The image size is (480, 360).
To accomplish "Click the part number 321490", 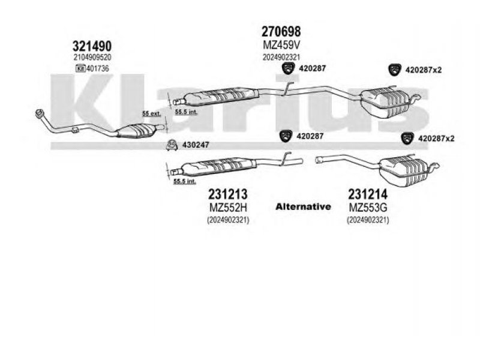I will pyautogui.click(x=92, y=46).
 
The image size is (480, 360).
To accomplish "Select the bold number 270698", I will pyautogui.click(x=281, y=31).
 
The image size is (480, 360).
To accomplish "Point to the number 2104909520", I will pyautogui.click(x=92, y=57).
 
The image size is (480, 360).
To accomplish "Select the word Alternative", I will pyautogui.click(x=303, y=206).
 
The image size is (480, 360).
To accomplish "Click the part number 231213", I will pyautogui.click(x=228, y=194).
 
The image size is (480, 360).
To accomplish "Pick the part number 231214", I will pyautogui.click(x=367, y=194).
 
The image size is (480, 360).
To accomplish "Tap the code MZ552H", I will pyautogui.click(x=228, y=207).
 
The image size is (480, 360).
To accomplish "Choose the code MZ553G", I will pyautogui.click(x=367, y=207).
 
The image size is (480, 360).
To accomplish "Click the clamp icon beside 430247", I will pyautogui.click(x=171, y=145).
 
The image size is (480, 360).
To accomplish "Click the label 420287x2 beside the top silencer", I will pyautogui.click(x=424, y=70).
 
